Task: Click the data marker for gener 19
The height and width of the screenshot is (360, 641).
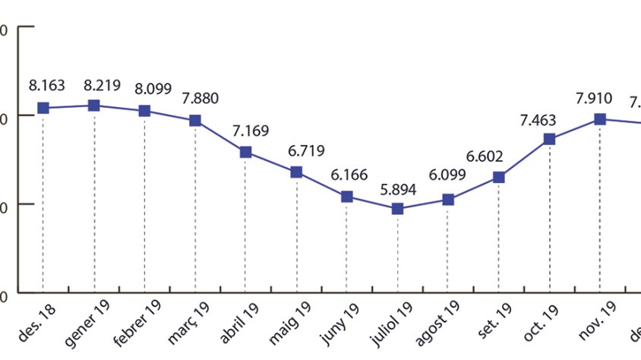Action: coord(93,106)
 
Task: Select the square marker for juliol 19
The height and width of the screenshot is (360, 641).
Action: coord(397,208)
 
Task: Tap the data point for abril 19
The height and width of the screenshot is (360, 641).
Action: coord(245,152)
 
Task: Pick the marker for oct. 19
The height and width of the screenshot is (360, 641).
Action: coord(549,139)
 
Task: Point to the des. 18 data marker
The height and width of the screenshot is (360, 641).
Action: coord(43,108)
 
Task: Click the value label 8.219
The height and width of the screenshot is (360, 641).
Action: coord(103,85)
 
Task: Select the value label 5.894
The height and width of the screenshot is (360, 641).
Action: coord(398,189)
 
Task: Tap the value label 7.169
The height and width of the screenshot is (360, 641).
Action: coord(251,131)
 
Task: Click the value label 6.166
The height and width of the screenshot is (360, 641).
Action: coord(349,175)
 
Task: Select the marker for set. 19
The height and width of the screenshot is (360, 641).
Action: coord(498,177)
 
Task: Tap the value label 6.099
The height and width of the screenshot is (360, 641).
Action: coord(448,179)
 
